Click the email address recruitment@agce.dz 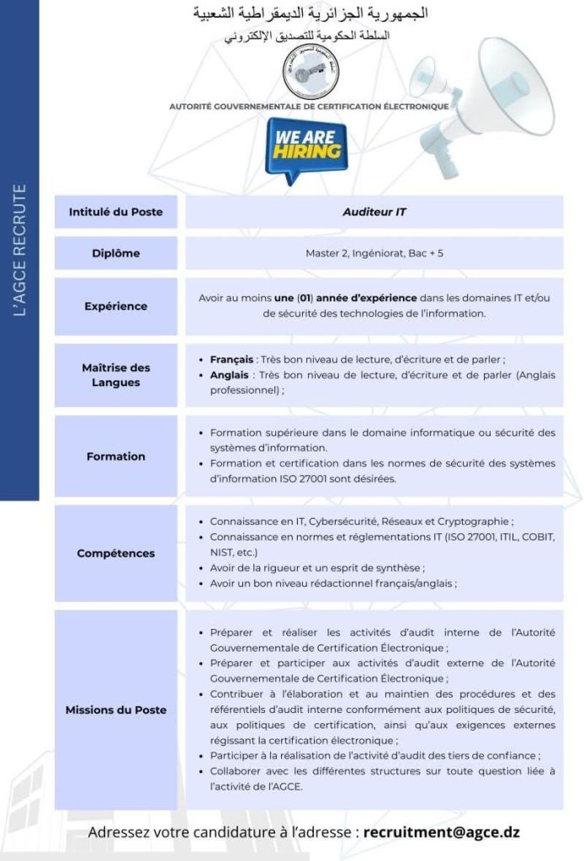[x=442, y=832]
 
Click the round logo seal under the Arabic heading [x=310, y=74]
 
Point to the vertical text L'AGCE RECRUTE [x=21, y=251]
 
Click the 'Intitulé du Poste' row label [x=116, y=212]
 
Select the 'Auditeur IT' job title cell [x=374, y=212]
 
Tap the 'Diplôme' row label [x=116, y=253]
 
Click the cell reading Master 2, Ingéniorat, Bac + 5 [x=374, y=253]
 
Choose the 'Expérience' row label [x=116, y=306]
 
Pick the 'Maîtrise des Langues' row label [x=116, y=375]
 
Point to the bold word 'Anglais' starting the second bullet [x=230, y=375]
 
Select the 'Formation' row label [x=116, y=457]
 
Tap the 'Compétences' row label [x=116, y=553]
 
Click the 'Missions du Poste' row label [x=116, y=710]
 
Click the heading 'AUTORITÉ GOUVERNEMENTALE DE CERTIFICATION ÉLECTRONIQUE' [x=309, y=107]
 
